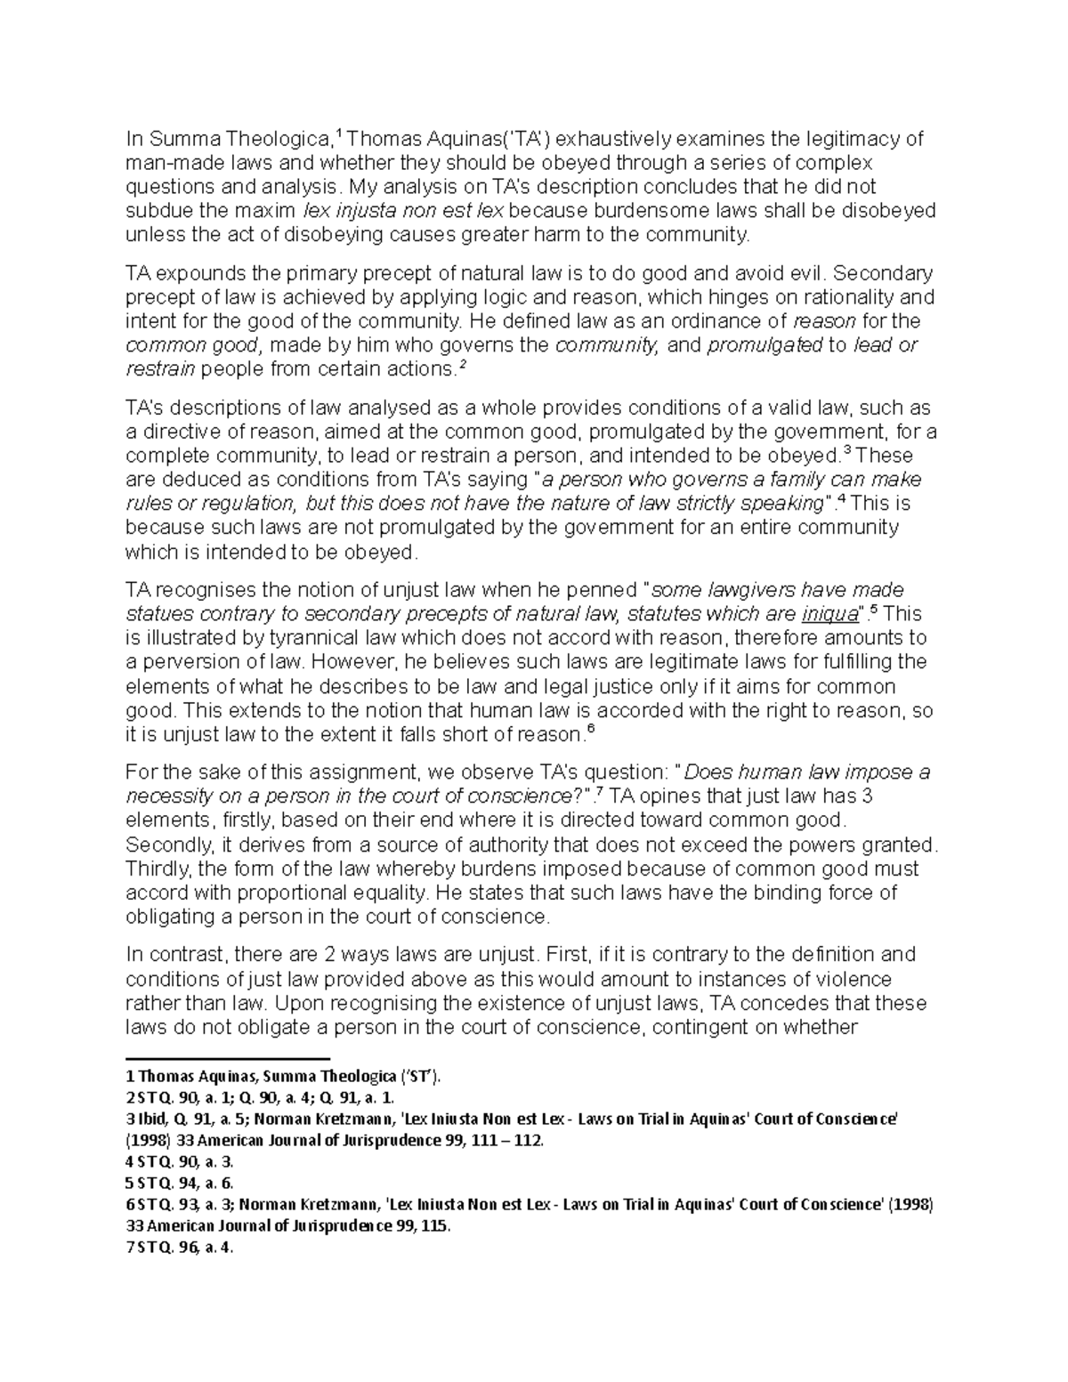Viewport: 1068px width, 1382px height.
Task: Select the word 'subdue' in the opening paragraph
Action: pyautogui.click(x=154, y=211)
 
